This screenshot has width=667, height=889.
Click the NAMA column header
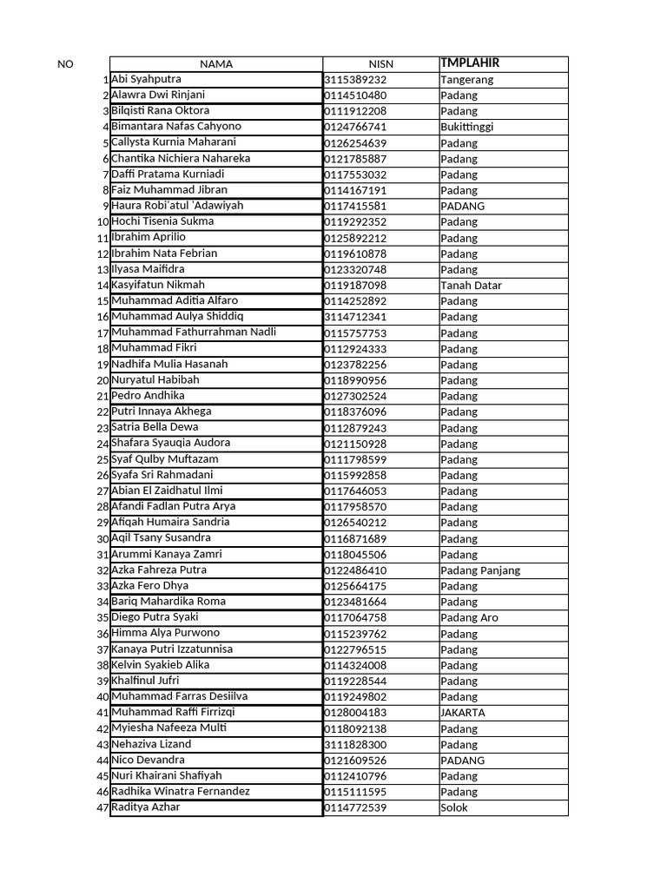pyautogui.click(x=216, y=63)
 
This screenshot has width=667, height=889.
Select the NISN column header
pyautogui.click(x=380, y=63)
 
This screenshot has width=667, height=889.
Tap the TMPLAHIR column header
pyautogui.click(x=470, y=63)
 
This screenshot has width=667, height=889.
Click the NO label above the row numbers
pyautogui.click(x=65, y=64)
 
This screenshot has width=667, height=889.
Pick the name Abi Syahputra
pyautogui.click(x=146, y=79)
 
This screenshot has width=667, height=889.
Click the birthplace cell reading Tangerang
pyautogui.click(x=466, y=80)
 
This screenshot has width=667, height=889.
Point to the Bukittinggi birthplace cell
pyautogui.click(x=466, y=127)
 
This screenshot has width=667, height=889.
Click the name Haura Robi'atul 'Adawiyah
pyautogui.click(x=177, y=206)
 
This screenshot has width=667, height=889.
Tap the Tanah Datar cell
pyautogui.click(x=471, y=286)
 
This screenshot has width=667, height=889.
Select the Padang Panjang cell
pyautogui.click(x=480, y=570)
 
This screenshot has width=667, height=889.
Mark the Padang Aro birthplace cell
pyautogui.click(x=469, y=618)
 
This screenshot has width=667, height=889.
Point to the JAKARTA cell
pyautogui.click(x=463, y=713)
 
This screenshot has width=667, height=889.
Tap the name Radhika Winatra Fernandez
pyautogui.click(x=180, y=792)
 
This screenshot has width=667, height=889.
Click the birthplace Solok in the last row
pyautogui.click(x=453, y=808)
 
